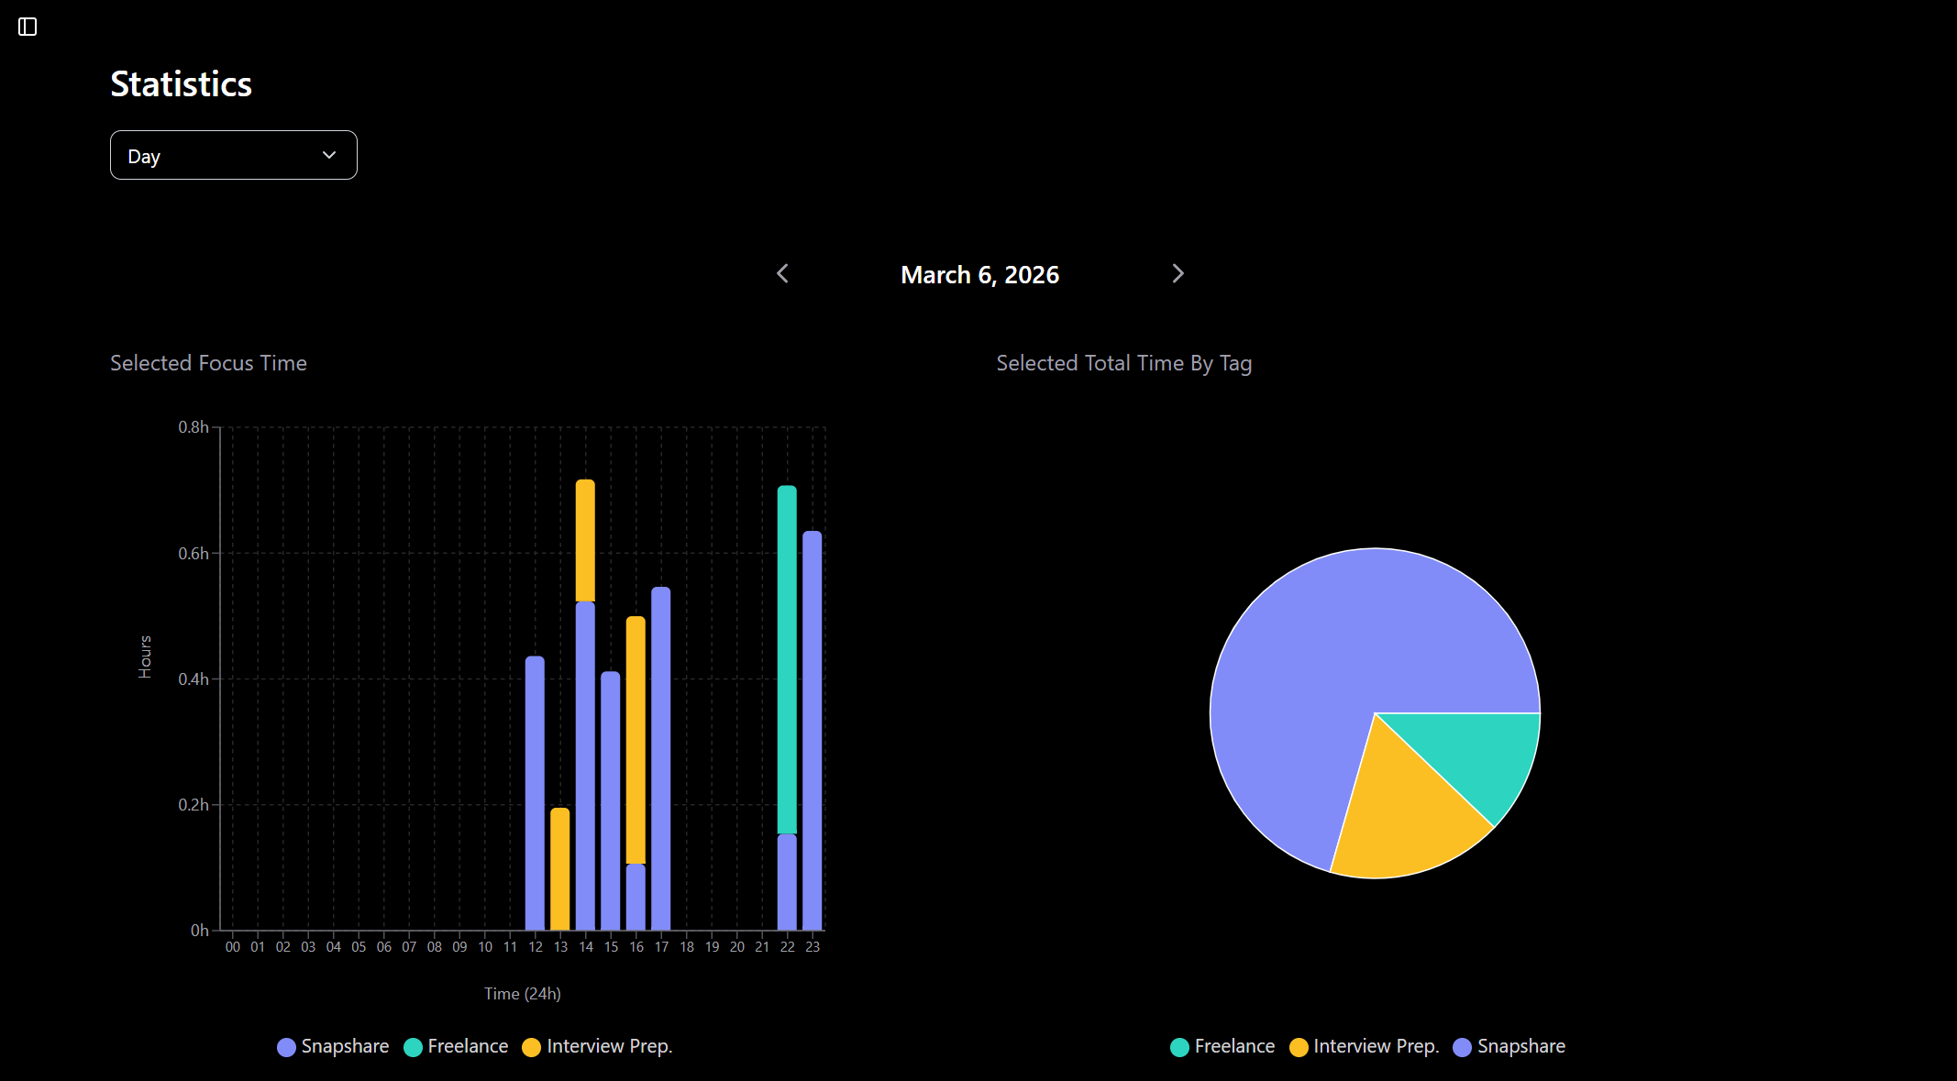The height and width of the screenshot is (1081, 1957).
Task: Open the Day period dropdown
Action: (x=233, y=155)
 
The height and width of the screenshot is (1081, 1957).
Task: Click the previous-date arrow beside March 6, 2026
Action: (x=782, y=274)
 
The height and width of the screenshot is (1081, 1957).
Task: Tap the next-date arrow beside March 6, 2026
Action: (x=1178, y=274)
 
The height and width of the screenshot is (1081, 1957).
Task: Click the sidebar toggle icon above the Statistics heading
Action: (x=28, y=27)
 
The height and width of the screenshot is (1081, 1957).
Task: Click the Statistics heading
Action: (x=181, y=84)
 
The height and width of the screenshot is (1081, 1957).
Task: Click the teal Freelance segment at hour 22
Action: (x=787, y=660)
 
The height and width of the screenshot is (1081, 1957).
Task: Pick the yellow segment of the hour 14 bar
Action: (x=585, y=540)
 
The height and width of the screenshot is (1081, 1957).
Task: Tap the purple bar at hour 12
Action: (x=535, y=792)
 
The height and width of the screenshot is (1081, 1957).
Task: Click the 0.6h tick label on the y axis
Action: (x=193, y=554)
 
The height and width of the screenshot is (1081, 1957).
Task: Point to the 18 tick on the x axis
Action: (x=687, y=947)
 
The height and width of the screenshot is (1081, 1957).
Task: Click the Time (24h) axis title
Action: (x=523, y=994)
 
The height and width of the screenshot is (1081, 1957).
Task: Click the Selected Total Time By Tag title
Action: (x=1123, y=363)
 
